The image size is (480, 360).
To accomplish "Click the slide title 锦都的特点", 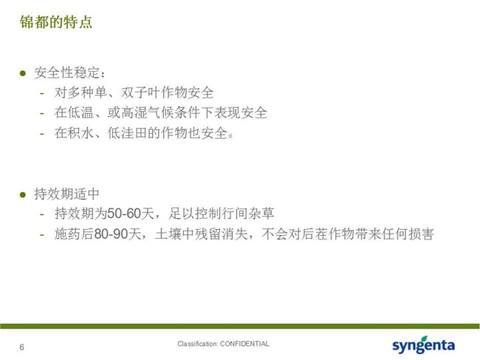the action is coord(56,21).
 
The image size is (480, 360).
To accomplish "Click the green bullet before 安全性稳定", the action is coord(23,73).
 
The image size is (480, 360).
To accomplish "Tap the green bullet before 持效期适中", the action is coord(23,194).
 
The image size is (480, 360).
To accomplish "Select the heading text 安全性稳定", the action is coord(66,73).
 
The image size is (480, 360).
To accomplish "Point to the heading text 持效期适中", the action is coord(66,194).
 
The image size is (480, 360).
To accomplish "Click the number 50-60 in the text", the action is coord(124,213).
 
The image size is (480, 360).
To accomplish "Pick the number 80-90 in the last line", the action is coord(111,234).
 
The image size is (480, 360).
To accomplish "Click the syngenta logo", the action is coord(424,345).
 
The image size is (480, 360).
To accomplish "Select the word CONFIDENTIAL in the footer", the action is coord(244,344).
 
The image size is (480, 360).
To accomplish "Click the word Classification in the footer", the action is coord(197,344).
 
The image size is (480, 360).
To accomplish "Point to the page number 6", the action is coord(21,347).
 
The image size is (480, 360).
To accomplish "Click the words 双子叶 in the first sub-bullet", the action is coord(141,92).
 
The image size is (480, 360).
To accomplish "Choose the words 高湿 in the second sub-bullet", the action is coord(128,113).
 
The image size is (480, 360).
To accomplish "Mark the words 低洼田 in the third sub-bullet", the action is coord(127,133).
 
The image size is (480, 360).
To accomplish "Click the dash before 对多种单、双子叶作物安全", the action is coord(42,93).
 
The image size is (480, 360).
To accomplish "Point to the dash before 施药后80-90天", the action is coord(42,234).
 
